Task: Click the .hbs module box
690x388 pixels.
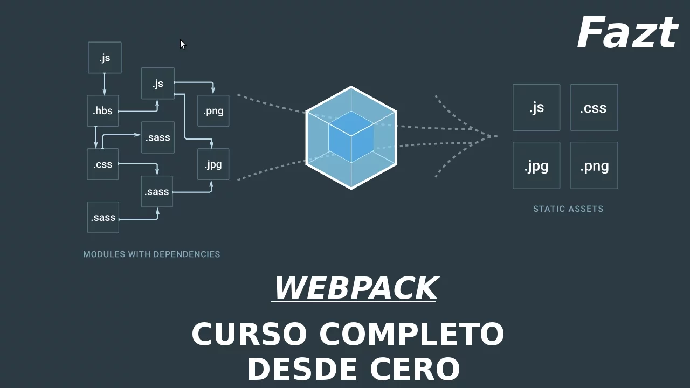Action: point(103,111)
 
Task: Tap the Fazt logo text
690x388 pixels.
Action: point(627,33)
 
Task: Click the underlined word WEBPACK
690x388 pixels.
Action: point(355,288)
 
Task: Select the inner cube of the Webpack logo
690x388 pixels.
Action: point(351,137)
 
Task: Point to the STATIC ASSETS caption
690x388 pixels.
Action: point(568,209)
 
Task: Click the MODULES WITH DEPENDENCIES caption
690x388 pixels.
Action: point(151,254)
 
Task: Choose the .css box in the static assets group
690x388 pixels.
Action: point(594,108)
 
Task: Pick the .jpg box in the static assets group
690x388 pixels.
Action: point(536,166)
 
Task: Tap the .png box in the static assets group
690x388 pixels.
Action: point(594,166)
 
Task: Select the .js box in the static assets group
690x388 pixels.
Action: point(536,108)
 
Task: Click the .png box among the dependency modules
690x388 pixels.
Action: point(213,111)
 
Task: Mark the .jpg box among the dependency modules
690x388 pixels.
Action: point(213,164)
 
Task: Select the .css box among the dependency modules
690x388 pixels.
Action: point(103,164)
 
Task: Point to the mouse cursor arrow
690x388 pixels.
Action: point(182,44)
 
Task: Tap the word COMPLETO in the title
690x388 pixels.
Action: point(412,334)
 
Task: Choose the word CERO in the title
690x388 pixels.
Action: point(415,370)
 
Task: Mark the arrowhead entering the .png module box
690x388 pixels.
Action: point(213,91)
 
